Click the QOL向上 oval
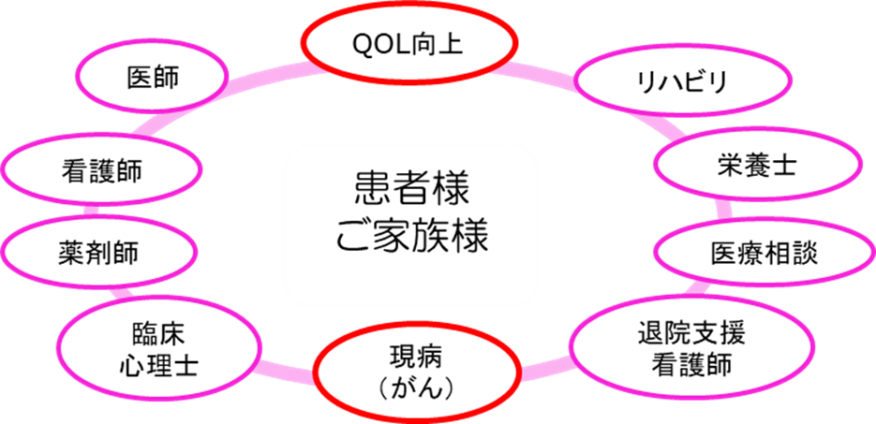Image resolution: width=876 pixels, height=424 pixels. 409,43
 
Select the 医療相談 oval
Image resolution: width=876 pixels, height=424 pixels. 763,253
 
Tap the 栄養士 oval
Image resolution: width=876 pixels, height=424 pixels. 754,167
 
